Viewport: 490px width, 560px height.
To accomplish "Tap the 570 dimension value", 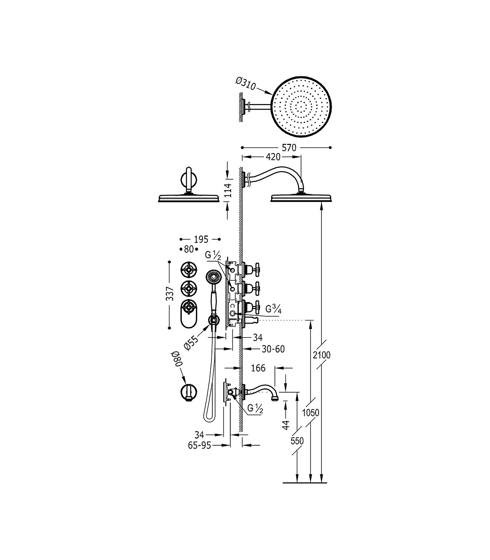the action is [x=289, y=148].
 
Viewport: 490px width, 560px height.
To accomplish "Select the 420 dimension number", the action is [x=273, y=157].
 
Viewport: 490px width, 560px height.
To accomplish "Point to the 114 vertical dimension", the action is [x=228, y=190].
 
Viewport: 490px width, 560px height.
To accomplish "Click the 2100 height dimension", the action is [x=322, y=355].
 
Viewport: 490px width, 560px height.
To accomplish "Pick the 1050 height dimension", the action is [x=310, y=413].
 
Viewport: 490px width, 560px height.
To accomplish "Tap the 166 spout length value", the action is [x=258, y=368].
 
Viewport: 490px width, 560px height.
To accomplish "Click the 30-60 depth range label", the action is [x=273, y=349].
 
